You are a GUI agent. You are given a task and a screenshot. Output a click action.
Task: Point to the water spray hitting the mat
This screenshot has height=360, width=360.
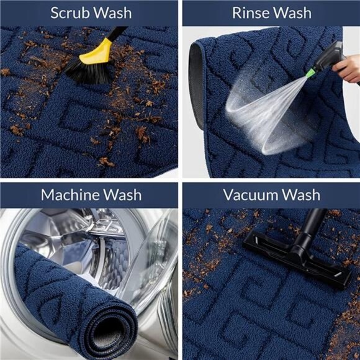[x=254, y=112]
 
